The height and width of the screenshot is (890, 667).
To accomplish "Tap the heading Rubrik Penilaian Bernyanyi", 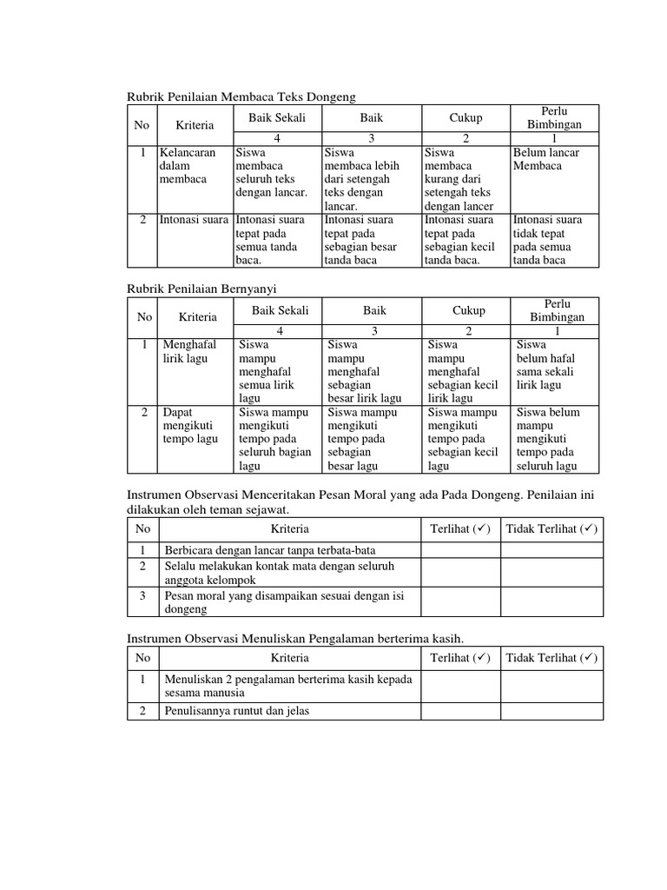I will tap(201, 288).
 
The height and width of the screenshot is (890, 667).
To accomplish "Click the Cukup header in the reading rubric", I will tap(466, 118).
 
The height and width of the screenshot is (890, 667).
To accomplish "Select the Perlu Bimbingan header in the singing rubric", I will tap(557, 310).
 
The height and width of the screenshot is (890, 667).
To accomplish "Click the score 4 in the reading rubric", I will tap(278, 138).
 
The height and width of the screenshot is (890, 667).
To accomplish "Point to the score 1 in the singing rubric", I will tap(557, 331).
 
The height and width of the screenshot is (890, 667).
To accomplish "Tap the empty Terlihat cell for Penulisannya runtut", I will tap(459, 710).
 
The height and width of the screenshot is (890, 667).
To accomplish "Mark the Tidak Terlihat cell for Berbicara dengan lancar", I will tap(551, 550).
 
